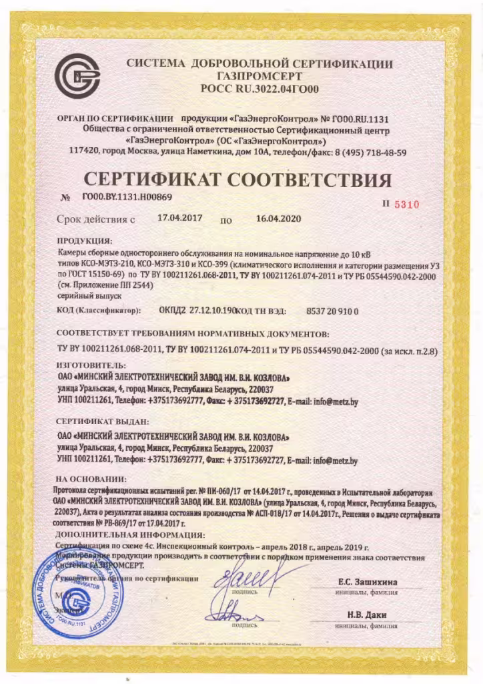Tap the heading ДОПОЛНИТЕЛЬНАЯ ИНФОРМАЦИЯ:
coord(131,536)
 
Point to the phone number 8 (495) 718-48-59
coord(362,152)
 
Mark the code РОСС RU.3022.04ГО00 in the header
coord(260,88)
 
